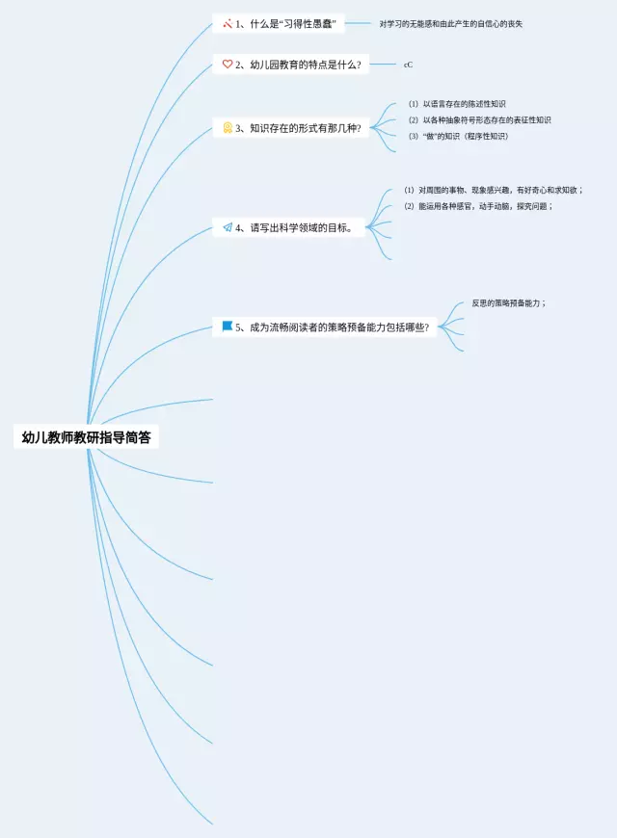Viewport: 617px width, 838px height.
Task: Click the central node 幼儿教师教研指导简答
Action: tap(87, 437)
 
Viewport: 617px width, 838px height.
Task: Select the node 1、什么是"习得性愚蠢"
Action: tap(285, 23)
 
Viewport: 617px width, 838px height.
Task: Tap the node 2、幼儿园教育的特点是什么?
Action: tap(298, 65)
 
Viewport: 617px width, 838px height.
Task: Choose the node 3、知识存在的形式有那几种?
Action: tap(298, 127)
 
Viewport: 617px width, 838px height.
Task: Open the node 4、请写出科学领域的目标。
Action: tap(294, 228)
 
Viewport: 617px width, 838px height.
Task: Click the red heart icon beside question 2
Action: tap(228, 65)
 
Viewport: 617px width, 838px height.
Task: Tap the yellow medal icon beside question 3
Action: tap(228, 127)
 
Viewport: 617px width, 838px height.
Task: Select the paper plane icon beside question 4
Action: tap(228, 228)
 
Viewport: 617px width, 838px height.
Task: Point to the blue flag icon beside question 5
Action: tap(228, 327)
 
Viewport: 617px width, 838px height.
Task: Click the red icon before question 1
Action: tap(228, 23)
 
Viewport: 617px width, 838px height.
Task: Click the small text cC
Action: tap(409, 65)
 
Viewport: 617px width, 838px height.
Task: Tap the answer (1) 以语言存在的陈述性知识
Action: tap(457, 103)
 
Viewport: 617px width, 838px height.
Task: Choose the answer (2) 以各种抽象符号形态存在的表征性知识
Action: tap(479, 119)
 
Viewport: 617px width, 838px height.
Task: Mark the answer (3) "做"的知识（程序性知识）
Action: tap(458, 136)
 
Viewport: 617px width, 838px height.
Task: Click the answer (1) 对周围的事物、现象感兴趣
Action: tap(493, 190)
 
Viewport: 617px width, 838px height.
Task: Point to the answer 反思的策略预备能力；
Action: tap(509, 302)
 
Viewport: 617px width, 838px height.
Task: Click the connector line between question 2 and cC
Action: tap(383, 65)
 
